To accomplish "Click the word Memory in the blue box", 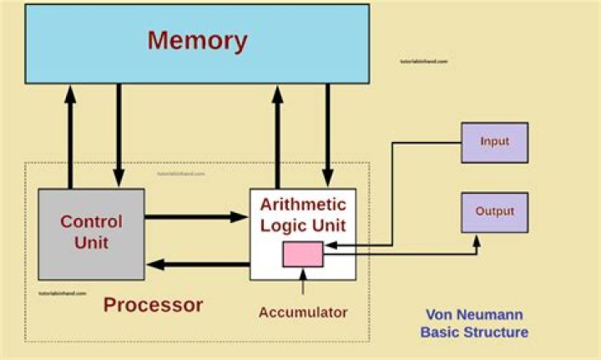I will coord(197,41).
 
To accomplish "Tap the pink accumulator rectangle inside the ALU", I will coord(302,254).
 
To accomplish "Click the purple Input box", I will coord(494,142).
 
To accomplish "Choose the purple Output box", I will coord(494,211).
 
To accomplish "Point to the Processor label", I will coord(153,305).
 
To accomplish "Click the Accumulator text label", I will coord(302,312).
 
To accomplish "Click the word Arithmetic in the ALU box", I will coord(303,204).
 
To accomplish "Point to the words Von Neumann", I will coord(473,315).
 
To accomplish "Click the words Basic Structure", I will coord(473,332).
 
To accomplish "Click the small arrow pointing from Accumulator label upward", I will coord(302,284).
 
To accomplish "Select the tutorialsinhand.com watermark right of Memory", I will coord(423,62).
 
